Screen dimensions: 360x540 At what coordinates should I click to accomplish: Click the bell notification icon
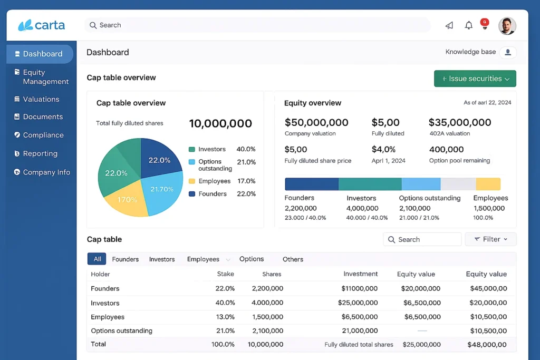click(468, 25)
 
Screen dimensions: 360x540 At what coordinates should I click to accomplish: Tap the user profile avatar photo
click(507, 25)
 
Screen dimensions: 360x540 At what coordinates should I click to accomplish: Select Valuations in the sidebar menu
click(41, 99)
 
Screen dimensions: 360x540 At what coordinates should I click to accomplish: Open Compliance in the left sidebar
click(43, 135)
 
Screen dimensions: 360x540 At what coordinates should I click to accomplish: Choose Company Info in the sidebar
click(46, 172)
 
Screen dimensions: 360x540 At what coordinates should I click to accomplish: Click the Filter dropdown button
click(490, 239)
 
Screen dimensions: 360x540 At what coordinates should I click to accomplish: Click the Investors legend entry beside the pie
click(211, 149)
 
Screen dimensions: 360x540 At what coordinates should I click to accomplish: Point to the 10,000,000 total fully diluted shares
click(220, 124)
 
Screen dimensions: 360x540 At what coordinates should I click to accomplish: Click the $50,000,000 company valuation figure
click(316, 122)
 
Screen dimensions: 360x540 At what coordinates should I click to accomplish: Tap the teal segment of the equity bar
click(370, 184)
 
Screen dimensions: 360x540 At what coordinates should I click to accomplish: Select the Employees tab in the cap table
click(203, 259)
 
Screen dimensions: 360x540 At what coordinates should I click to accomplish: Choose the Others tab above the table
click(293, 259)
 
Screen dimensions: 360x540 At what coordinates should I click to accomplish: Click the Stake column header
click(225, 274)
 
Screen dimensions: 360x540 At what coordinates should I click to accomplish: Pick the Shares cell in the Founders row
click(267, 288)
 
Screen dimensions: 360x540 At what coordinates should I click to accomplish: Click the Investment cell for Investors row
click(359, 303)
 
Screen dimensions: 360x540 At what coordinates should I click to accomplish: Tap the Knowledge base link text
click(470, 52)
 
